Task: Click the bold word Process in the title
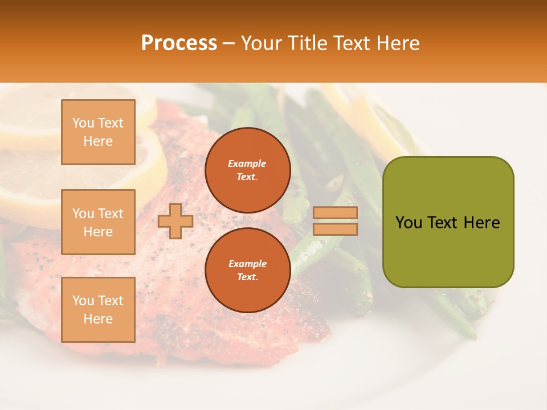tap(179, 43)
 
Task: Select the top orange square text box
tap(98, 132)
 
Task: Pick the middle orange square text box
tap(98, 222)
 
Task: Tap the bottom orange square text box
tap(98, 309)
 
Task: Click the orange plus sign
tap(175, 222)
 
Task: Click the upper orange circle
tap(248, 170)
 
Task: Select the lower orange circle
tap(248, 270)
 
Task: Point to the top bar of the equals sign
tap(336, 213)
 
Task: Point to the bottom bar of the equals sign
tap(336, 229)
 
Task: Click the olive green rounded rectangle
tap(448, 222)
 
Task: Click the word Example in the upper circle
tap(247, 163)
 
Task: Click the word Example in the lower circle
tap(247, 264)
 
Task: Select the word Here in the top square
tap(98, 141)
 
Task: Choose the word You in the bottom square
tap(83, 301)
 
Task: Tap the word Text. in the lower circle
tap(247, 277)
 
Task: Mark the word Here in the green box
tap(481, 223)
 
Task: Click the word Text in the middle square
tap(111, 214)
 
